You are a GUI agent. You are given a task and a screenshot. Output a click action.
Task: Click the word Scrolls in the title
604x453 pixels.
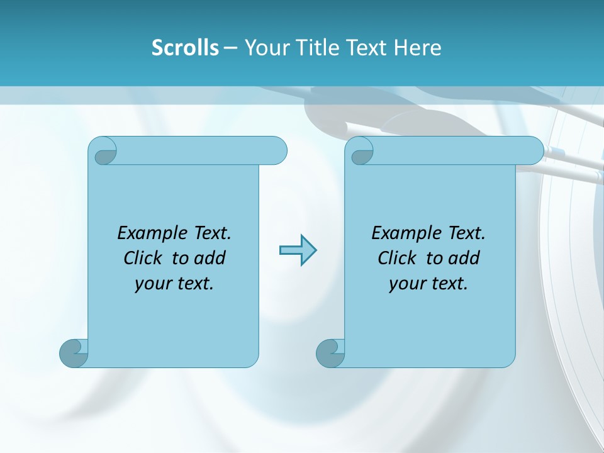185,48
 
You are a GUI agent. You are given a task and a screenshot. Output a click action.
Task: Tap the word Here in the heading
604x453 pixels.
418,48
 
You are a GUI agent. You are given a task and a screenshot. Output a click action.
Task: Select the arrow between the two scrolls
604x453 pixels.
298,250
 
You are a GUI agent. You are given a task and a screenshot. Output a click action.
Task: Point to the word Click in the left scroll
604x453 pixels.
144,258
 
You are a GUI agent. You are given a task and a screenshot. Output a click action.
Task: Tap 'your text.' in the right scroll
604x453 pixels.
428,283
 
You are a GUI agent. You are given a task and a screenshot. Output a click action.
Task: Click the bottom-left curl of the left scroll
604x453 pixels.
73,352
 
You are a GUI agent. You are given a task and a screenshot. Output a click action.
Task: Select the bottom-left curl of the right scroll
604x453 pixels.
330,352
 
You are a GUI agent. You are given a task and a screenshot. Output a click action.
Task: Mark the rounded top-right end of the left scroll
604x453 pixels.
277,151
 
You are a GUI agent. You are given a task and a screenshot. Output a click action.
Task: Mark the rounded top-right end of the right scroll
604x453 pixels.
534,151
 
